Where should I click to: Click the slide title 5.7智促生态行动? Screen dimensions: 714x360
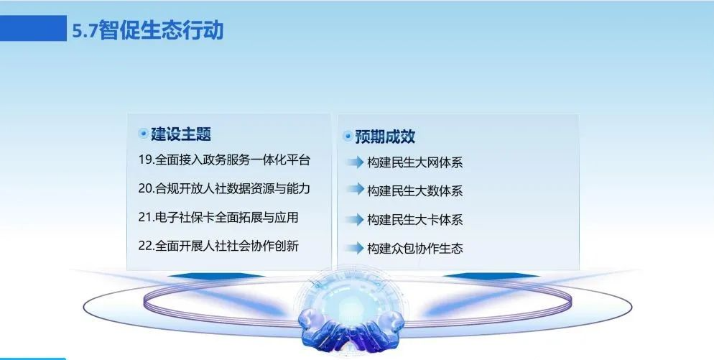pyautogui.click(x=148, y=30)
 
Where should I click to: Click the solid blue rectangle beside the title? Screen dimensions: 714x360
pyautogui.click(x=33, y=28)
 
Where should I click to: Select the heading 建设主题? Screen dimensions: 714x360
pyautogui.click(x=181, y=134)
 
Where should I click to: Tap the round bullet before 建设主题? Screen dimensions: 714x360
pyautogui.click(x=144, y=134)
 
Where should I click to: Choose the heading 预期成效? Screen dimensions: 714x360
pyautogui.click(x=385, y=137)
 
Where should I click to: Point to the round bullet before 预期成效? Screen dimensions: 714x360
pyautogui.click(x=348, y=136)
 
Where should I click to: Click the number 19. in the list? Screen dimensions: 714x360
pyautogui.click(x=146, y=160)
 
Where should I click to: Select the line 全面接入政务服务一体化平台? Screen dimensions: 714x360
pyautogui.click(x=233, y=160)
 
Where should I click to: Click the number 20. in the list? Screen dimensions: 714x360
pyautogui.click(x=147, y=188)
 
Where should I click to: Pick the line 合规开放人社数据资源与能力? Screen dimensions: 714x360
pyautogui.click(x=233, y=188)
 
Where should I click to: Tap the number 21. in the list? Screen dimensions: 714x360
pyautogui.click(x=146, y=217)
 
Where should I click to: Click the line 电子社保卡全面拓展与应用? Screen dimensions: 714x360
pyautogui.click(x=227, y=217)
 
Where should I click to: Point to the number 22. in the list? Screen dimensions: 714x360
pyautogui.click(x=147, y=246)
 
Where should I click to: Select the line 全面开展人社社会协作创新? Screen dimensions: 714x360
pyautogui.click(x=227, y=246)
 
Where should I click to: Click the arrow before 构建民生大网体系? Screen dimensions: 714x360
pyautogui.click(x=355, y=162)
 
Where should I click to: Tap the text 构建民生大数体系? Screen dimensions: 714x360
pyautogui.click(x=415, y=191)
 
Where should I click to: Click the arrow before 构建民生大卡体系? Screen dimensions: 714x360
pyautogui.click(x=355, y=220)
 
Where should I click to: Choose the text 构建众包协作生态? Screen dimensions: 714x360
pyautogui.click(x=415, y=249)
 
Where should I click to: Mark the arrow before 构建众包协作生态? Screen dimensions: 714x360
pyautogui.click(x=355, y=249)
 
